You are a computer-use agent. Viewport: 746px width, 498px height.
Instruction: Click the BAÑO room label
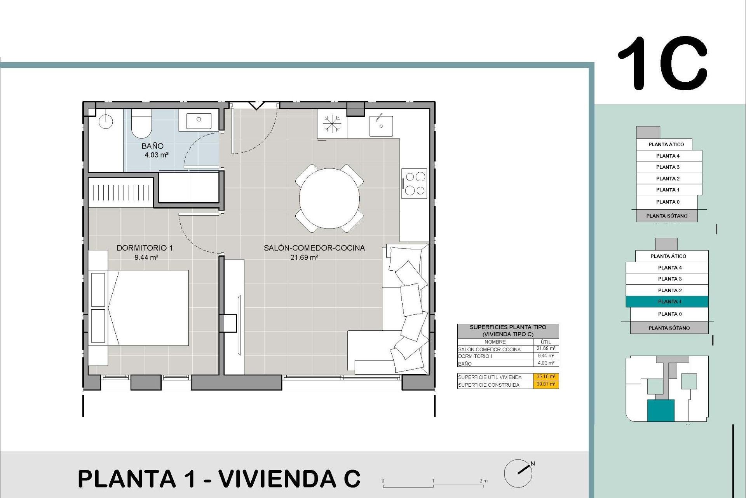(x=152, y=146)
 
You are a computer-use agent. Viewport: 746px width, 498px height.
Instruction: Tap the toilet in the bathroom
(x=141, y=124)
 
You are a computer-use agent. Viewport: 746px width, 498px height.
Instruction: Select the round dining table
(x=329, y=198)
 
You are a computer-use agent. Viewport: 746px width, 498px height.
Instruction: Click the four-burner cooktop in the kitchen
(x=415, y=183)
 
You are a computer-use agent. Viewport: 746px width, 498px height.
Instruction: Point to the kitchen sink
(x=381, y=125)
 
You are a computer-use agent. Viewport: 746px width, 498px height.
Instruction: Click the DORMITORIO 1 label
(x=145, y=248)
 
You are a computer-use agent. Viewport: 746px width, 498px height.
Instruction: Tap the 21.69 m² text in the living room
(x=304, y=257)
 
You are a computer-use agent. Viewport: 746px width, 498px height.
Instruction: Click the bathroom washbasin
(x=199, y=120)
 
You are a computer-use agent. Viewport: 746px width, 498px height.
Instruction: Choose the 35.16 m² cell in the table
(x=546, y=377)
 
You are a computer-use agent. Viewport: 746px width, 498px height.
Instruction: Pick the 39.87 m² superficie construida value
(x=546, y=384)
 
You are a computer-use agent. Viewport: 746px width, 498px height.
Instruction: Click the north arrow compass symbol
(x=518, y=473)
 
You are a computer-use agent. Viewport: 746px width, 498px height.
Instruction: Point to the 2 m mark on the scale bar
(x=483, y=481)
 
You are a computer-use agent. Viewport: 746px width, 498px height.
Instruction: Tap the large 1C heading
(x=663, y=63)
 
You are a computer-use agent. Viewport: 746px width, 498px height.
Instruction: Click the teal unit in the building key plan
(x=661, y=410)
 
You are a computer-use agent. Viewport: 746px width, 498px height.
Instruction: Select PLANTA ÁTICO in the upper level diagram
(x=666, y=144)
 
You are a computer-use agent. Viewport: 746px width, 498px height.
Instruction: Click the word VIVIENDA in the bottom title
(x=277, y=479)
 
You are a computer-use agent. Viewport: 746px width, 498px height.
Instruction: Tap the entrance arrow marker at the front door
(x=256, y=105)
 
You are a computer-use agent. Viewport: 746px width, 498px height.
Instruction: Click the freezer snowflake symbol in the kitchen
(x=332, y=124)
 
